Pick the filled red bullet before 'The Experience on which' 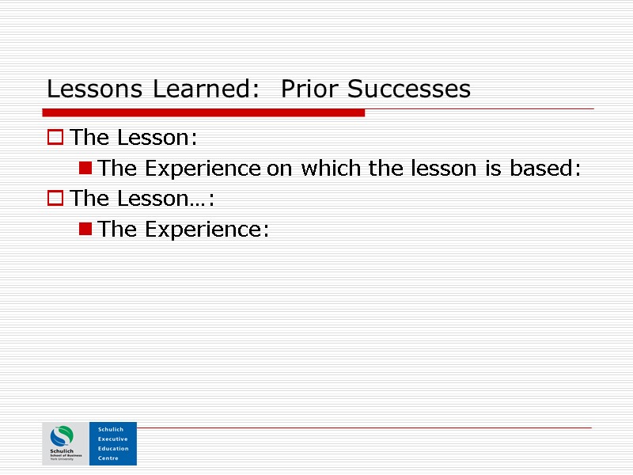[85, 168]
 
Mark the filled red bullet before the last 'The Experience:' [85, 229]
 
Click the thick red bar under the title [206, 113]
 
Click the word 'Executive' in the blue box [112, 439]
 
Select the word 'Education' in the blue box [113, 448]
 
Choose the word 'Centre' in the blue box [108, 458]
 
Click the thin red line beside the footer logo [364, 428]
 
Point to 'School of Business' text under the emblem [66, 455]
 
